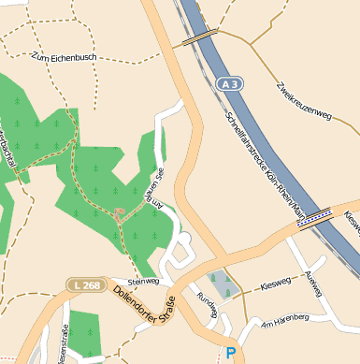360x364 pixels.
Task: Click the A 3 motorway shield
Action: pos(229,84)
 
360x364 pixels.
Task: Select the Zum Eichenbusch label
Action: pos(65,57)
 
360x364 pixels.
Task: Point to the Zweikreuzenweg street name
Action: pos(304,101)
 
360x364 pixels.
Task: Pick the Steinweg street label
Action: pos(143,280)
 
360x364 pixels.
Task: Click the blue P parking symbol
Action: pos(231,353)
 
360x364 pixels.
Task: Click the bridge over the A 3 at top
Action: pos(199,37)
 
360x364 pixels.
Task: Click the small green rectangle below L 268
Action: pos(84,332)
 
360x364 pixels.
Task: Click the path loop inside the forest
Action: pos(121,214)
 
